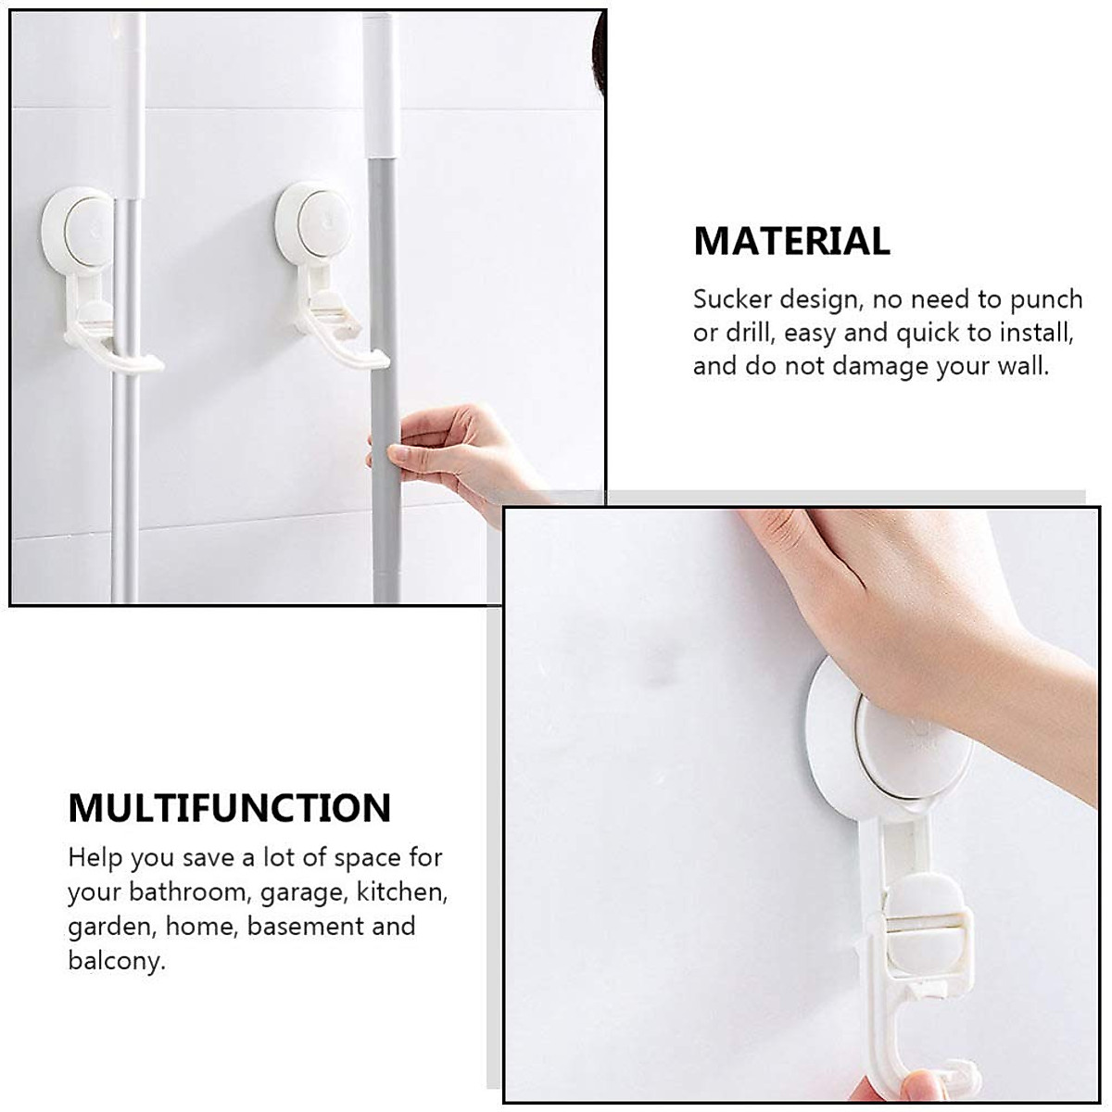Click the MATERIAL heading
(791, 242)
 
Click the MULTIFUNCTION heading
(229, 808)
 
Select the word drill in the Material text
(750, 333)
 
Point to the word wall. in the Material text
(1017, 366)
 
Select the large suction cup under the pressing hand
(890, 741)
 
